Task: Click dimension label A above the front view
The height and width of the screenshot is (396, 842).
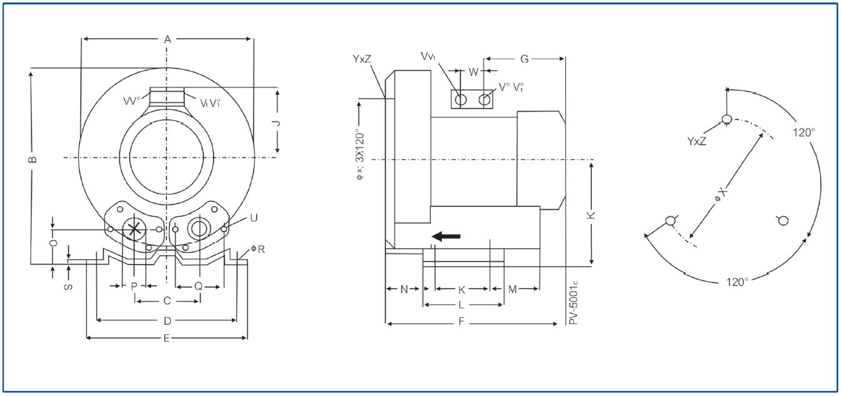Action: [x=168, y=39]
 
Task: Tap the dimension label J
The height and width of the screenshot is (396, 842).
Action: [x=278, y=123]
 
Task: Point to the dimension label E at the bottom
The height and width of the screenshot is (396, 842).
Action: [x=166, y=339]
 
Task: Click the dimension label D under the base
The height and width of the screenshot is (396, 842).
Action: [x=168, y=321]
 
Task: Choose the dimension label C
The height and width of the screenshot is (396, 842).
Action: [x=168, y=301]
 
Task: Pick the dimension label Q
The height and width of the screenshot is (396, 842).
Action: [x=198, y=287]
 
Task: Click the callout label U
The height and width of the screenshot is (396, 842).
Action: [x=254, y=218]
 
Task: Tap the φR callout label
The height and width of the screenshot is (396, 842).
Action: [x=258, y=249]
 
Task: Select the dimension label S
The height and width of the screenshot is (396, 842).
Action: [x=68, y=287]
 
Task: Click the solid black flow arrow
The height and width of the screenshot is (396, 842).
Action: [x=446, y=236]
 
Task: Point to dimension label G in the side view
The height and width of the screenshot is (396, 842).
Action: [x=524, y=59]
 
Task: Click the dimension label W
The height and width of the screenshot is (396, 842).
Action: [x=474, y=72]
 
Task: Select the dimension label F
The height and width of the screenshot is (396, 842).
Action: [x=461, y=322]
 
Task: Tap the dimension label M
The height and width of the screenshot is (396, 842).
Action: [x=513, y=289]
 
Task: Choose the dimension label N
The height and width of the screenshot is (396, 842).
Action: [x=404, y=289]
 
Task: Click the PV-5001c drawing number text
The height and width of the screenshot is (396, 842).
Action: [x=573, y=302]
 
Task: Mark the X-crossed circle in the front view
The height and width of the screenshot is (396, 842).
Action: [x=134, y=229]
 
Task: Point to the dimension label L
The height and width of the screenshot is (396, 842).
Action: [x=461, y=305]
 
